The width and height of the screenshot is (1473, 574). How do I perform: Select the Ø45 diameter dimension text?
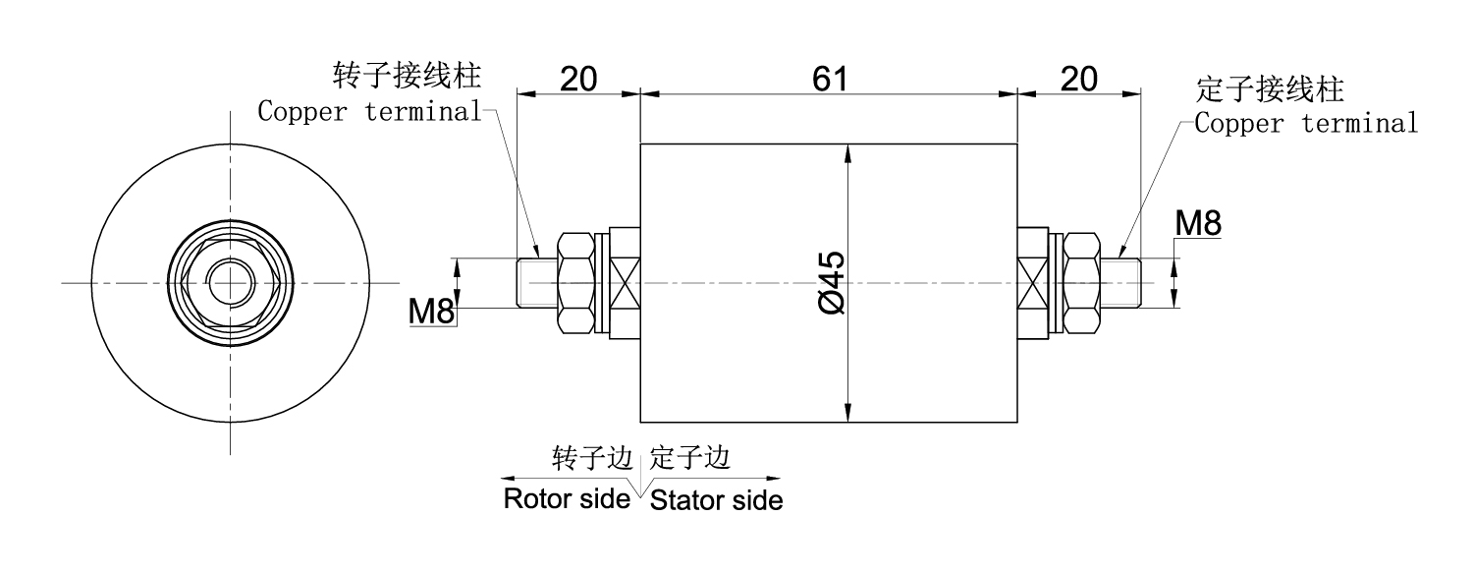pyautogui.click(x=830, y=283)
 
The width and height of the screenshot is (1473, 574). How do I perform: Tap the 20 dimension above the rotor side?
pyautogui.click(x=578, y=80)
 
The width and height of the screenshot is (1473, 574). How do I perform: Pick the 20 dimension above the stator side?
pyautogui.click(x=1078, y=80)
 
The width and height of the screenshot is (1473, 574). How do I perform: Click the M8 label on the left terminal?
pyautogui.click(x=432, y=313)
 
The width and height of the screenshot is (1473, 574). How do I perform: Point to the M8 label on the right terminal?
pyautogui.click(x=1198, y=224)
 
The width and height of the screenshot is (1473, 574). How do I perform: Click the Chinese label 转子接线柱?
pyautogui.click(x=412, y=75)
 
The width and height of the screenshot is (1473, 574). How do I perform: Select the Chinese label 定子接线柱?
pyautogui.click(x=1271, y=89)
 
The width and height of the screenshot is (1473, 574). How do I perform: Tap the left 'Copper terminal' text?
pyautogui.click(x=369, y=111)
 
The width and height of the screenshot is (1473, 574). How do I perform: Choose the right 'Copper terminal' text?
pyautogui.click(x=1307, y=124)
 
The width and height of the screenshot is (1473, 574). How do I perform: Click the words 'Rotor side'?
pyautogui.click(x=566, y=498)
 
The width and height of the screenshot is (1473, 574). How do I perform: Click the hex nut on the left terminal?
pyautogui.click(x=575, y=283)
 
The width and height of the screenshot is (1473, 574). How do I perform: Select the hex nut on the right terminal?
pyautogui.click(x=1081, y=283)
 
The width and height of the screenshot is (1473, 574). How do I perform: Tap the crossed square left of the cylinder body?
pyautogui.click(x=625, y=283)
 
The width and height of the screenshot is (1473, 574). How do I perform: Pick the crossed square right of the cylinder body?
pyautogui.click(x=1032, y=283)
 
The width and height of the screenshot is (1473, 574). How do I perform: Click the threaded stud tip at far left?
pyautogui.click(x=527, y=283)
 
